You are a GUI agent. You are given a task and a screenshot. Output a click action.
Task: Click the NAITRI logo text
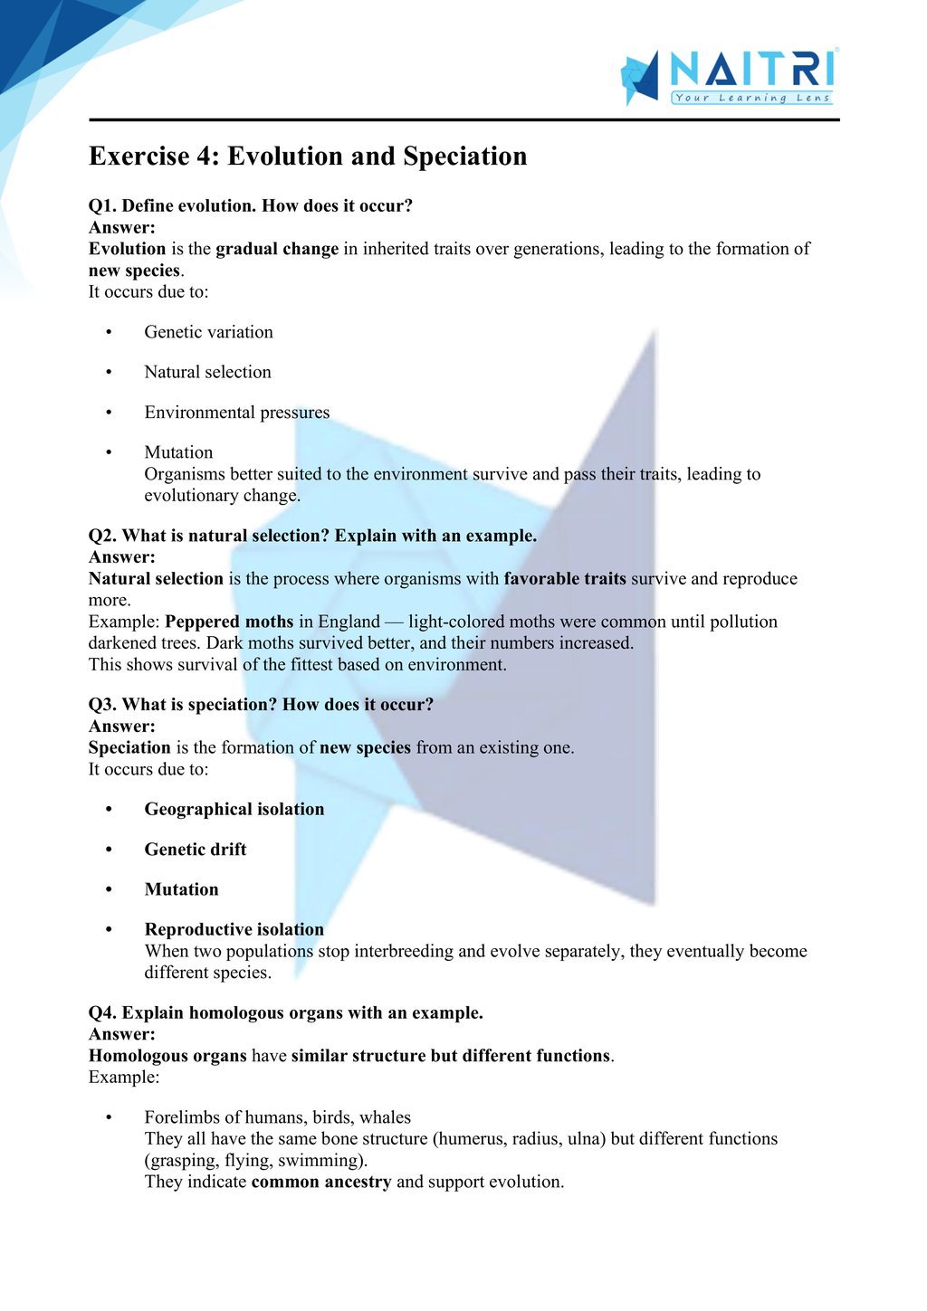[751, 69]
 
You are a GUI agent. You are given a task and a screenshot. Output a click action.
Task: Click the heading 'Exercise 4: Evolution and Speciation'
[308, 157]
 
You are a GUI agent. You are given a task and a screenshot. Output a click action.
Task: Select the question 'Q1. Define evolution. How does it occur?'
[251, 206]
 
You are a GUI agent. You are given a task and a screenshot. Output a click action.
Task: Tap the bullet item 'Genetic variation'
[208, 332]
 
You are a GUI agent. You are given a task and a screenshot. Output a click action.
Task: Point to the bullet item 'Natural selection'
[207, 372]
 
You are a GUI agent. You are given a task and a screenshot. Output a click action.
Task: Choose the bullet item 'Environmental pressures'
[237, 413]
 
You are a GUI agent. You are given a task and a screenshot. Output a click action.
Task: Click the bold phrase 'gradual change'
[277, 249]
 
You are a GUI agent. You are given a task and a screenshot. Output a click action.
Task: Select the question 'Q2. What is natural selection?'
[312, 536]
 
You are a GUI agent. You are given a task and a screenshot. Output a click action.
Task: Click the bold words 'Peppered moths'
[229, 622]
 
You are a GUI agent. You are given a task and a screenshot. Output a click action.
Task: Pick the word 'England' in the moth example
[349, 622]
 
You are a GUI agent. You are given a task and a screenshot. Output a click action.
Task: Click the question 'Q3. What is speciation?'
[261, 705]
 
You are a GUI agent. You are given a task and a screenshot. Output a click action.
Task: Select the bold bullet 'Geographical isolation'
[234, 809]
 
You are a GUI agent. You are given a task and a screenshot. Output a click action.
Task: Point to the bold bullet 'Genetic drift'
[195, 850]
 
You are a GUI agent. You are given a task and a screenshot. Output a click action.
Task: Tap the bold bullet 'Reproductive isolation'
[234, 929]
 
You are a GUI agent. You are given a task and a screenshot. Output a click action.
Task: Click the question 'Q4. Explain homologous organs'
[285, 1013]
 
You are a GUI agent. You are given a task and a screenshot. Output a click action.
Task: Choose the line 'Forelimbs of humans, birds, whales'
[277, 1117]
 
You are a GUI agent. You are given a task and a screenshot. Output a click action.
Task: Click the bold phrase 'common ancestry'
[321, 1182]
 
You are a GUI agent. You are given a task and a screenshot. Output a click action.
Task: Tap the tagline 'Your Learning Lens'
[751, 98]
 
